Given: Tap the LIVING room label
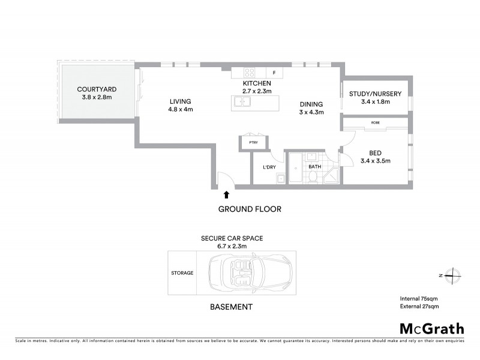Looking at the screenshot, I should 179,102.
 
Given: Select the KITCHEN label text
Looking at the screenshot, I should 257,83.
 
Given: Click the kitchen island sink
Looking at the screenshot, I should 243,102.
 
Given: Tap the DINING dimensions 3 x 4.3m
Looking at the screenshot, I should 311,112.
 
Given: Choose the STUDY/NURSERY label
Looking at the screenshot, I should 376,93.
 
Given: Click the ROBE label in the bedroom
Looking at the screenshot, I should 376,122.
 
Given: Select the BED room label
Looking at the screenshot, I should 376,152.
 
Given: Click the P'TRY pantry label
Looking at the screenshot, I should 253,142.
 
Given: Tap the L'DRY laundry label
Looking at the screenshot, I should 269,167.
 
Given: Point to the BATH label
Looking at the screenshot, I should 314,167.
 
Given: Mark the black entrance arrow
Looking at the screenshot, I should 226,194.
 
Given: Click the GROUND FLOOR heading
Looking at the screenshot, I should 249,209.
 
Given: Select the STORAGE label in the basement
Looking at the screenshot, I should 182,273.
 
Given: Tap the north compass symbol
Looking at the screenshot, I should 451,275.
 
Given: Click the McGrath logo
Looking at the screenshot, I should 431,328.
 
